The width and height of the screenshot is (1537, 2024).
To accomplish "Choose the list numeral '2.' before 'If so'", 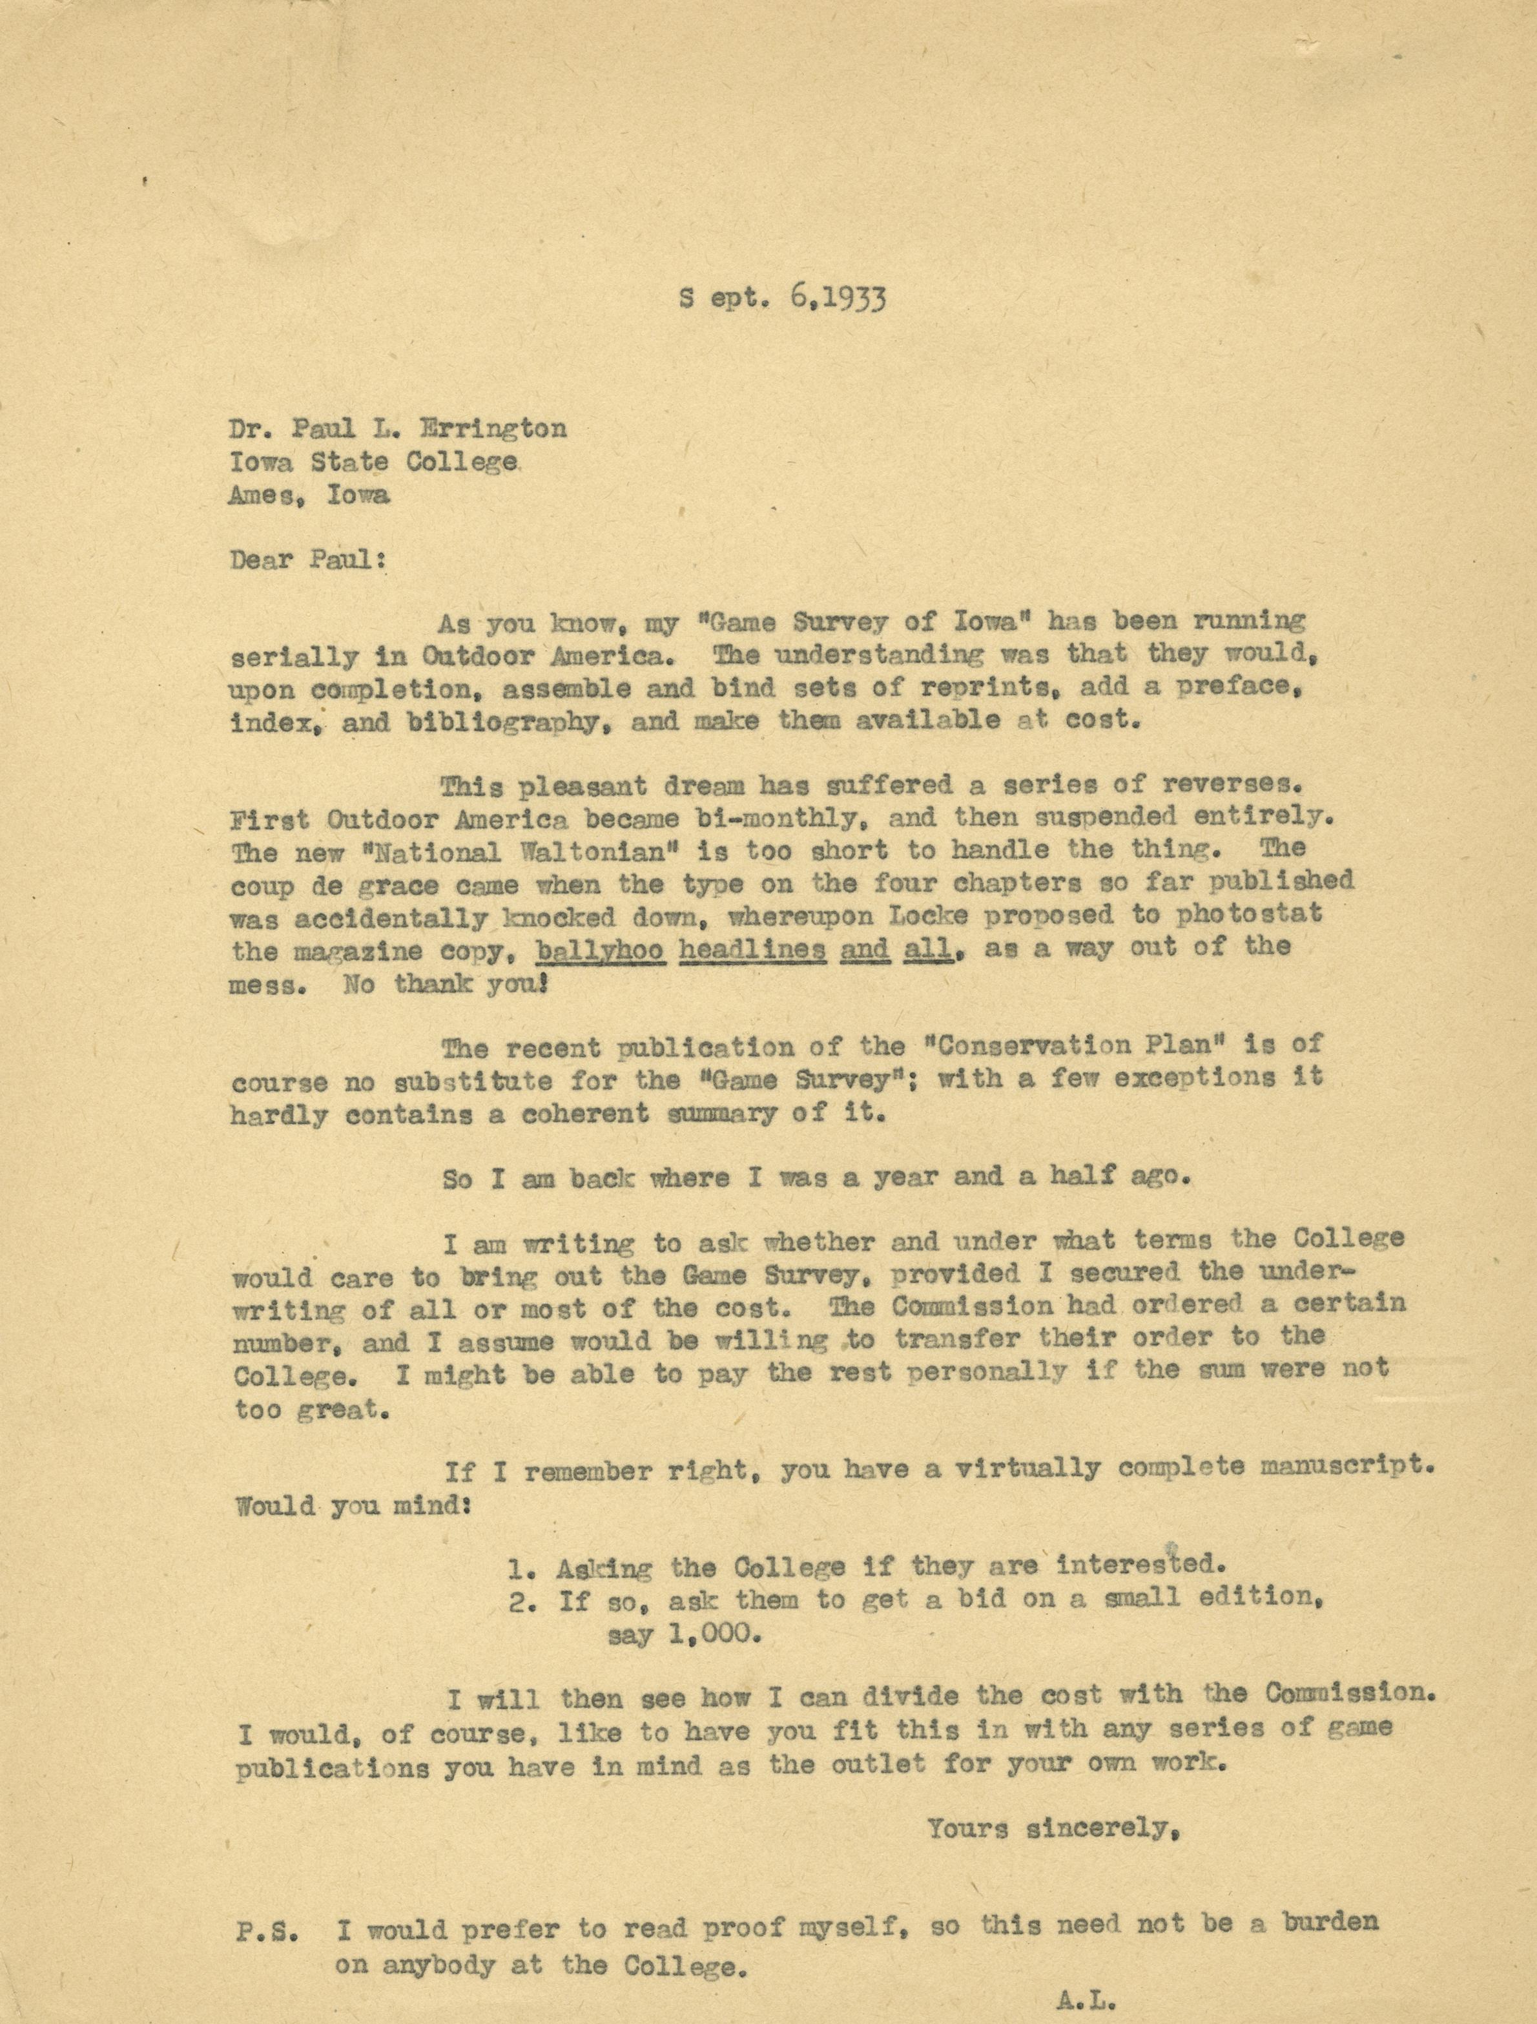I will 522,1601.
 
